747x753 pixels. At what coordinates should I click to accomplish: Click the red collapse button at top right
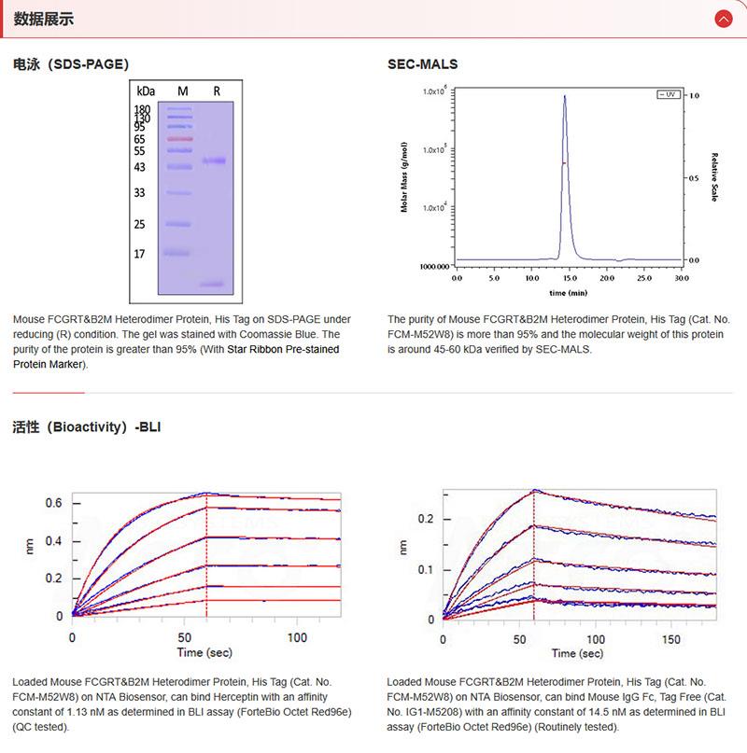pyautogui.click(x=723, y=19)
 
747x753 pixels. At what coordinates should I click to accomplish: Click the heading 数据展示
pyautogui.click(x=44, y=20)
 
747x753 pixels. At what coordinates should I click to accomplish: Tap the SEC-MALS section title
pyautogui.click(x=422, y=64)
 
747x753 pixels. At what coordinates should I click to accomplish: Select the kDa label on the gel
pyautogui.click(x=146, y=91)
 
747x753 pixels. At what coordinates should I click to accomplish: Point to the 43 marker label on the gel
pyautogui.click(x=139, y=168)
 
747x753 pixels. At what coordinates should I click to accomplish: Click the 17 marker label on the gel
pyautogui.click(x=139, y=254)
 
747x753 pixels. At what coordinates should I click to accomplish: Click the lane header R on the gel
pyautogui.click(x=217, y=91)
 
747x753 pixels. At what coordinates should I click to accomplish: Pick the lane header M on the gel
pyautogui.click(x=183, y=91)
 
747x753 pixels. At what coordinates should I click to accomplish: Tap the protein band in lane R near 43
pyautogui.click(x=214, y=161)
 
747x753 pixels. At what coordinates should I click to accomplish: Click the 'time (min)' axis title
pyautogui.click(x=568, y=292)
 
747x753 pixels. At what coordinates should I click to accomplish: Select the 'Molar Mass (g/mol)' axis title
pyautogui.click(x=404, y=177)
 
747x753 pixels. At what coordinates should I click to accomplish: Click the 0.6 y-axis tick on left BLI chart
pyautogui.click(x=54, y=503)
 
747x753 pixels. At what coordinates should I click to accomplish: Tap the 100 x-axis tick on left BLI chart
pyautogui.click(x=296, y=637)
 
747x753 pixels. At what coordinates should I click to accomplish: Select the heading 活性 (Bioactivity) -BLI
pyautogui.click(x=89, y=427)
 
